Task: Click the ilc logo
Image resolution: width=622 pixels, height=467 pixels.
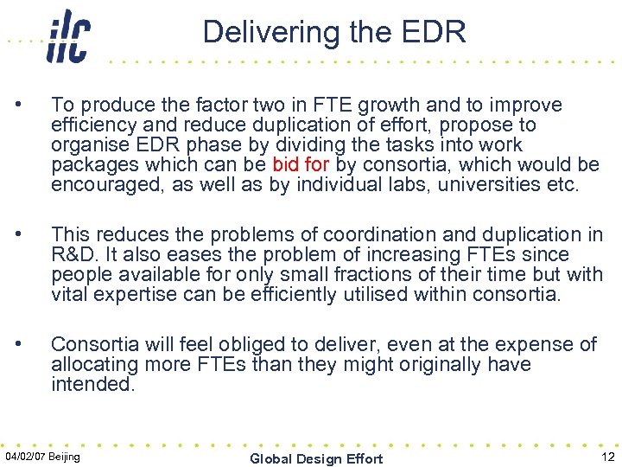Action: pos(68,35)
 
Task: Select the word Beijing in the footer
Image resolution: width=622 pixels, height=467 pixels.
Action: pos(66,456)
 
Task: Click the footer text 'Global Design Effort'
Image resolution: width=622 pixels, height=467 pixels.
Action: pos(316,458)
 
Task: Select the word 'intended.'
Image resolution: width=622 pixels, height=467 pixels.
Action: pos(93,384)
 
